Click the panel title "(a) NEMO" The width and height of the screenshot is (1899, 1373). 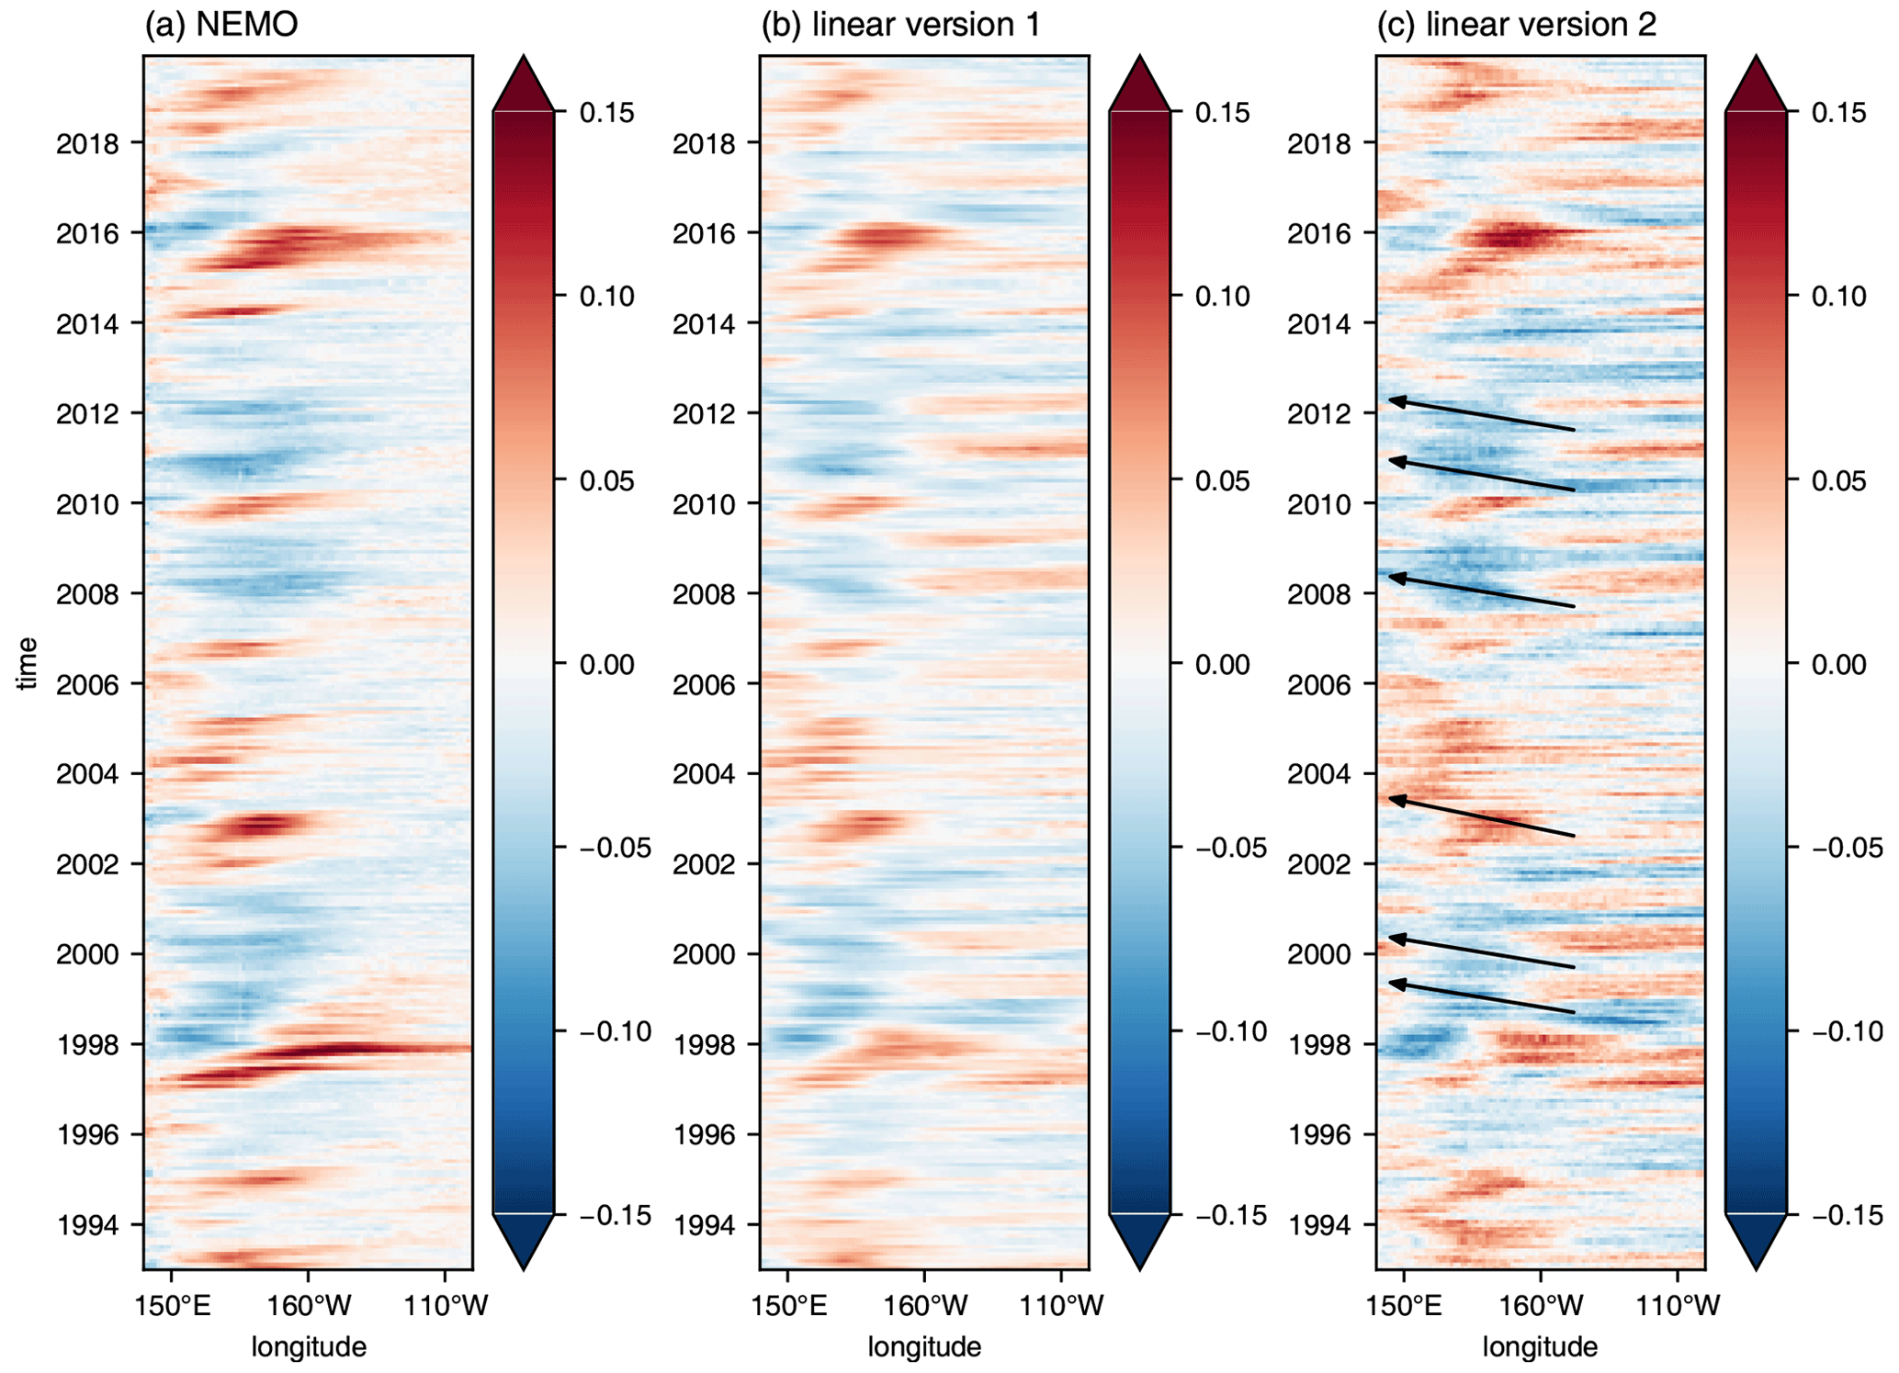pos(220,24)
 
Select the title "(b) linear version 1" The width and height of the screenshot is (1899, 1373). pos(900,24)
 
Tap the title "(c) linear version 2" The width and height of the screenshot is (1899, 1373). pos(1516,24)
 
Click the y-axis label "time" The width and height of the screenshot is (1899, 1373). pos(28,663)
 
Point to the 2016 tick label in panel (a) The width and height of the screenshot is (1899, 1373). pos(86,234)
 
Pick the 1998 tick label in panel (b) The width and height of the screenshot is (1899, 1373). pos(704,1045)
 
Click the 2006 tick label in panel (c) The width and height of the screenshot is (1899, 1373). pos(1319,685)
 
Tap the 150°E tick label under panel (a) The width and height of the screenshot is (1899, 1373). pos(173,1305)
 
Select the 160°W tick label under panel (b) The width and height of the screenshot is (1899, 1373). pos(925,1305)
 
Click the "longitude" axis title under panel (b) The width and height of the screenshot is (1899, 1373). pos(924,1347)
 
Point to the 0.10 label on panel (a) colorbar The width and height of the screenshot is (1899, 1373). pos(606,297)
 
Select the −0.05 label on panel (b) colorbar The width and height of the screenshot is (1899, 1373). pos(1229,848)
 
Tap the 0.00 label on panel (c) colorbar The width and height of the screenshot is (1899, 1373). pos(1838,664)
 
